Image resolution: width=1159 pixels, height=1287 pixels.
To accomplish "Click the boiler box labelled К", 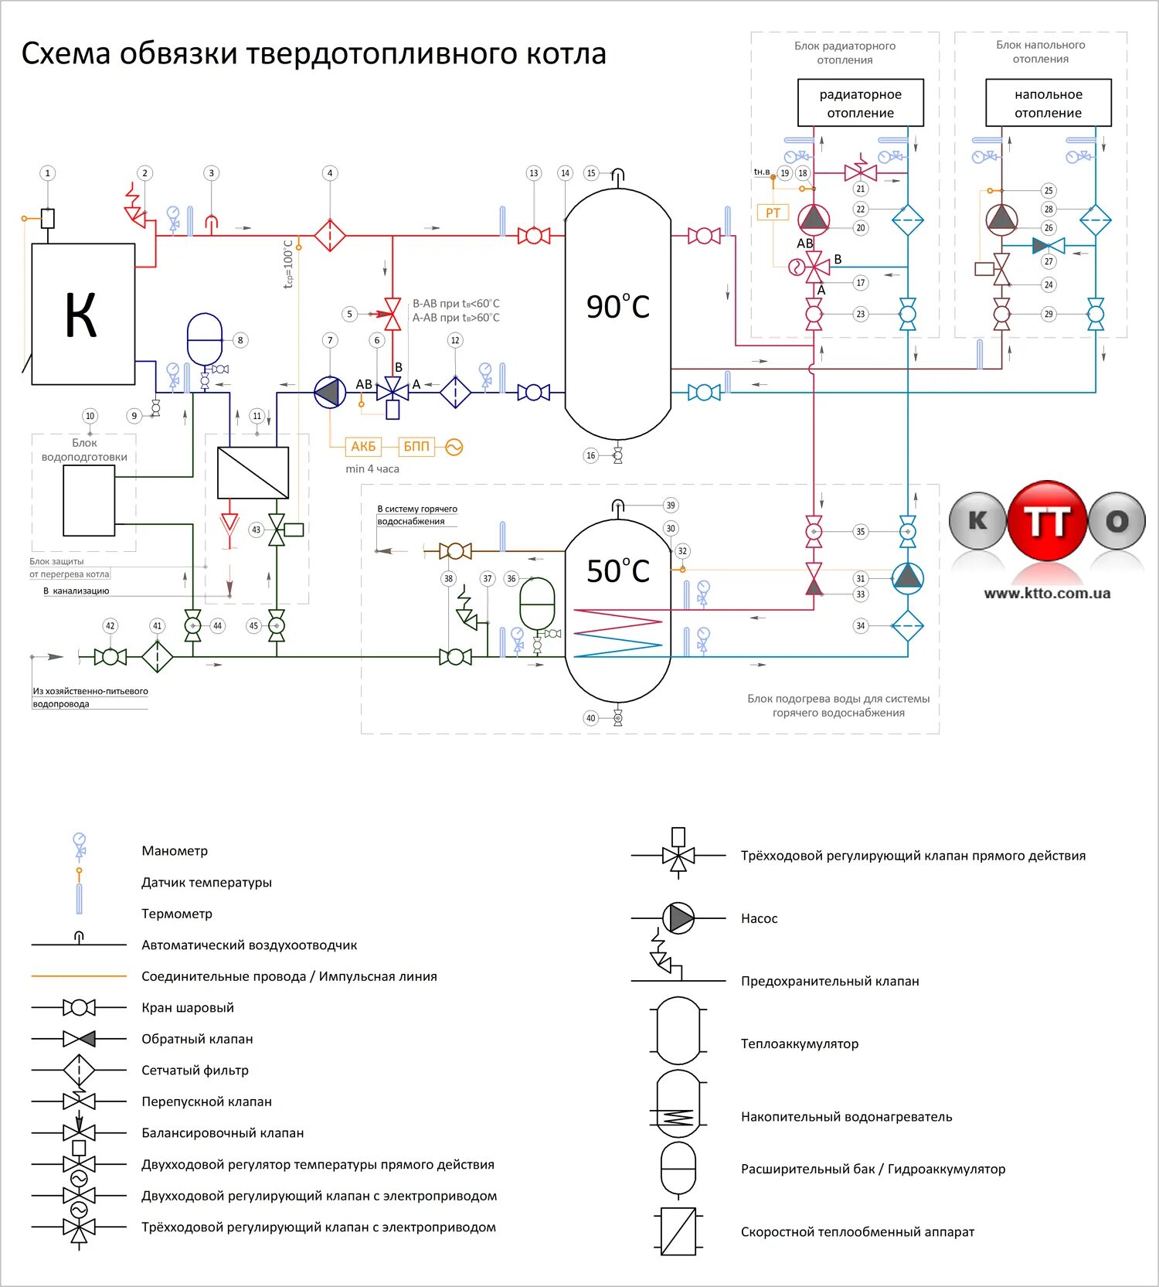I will pyautogui.click(x=83, y=314).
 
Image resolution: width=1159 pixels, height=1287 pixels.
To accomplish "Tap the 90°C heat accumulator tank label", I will pyautogui.click(x=617, y=307).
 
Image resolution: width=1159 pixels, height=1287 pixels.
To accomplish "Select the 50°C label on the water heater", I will pyautogui.click(x=617, y=571).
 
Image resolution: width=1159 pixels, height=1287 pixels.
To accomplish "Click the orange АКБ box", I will pyautogui.click(x=363, y=447).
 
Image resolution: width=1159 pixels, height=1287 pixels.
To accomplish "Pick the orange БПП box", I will pyautogui.click(x=416, y=447).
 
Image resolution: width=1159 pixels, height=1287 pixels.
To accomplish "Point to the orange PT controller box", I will pyautogui.click(x=773, y=213).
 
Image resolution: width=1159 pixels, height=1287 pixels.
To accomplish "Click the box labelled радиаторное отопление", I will pyautogui.click(x=860, y=103).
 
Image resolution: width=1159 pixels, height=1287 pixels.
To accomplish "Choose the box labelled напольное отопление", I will pyautogui.click(x=1048, y=103).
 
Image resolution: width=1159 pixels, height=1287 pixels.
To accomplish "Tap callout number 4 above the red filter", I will pyautogui.click(x=330, y=173).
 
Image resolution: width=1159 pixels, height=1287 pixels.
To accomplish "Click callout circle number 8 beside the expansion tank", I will pyautogui.click(x=240, y=340).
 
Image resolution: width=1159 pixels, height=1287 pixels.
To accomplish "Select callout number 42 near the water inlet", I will pyautogui.click(x=110, y=626).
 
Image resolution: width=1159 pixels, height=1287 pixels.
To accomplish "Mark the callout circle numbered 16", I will pyautogui.click(x=591, y=456).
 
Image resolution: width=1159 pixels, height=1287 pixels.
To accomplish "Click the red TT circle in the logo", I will pyautogui.click(x=1047, y=520).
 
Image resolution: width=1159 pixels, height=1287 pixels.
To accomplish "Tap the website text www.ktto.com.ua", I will pyautogui.click(x=1047, y=594).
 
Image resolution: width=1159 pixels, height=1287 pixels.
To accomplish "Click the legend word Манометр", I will pyautogui.click(x=175, y=851).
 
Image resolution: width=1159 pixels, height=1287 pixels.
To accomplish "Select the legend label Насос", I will pyautogui.click(x=759, y=918).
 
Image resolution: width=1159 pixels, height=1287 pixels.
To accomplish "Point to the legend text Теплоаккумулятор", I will pyautogui.click(x=800, y=1044).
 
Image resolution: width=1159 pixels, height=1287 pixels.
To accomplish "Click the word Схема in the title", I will pyautogui.click(x=65, y=54).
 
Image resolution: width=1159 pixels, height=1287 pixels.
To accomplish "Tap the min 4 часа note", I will pyautogui.click(x=372, y=469).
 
